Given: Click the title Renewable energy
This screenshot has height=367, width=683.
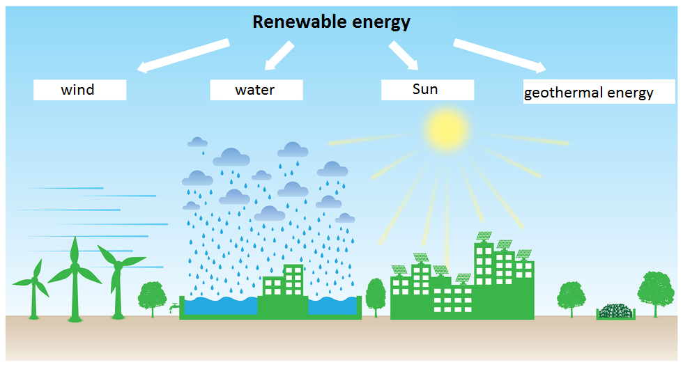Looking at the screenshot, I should (x=331, y=22).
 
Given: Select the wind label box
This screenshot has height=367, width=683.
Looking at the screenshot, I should (x=80, y=90).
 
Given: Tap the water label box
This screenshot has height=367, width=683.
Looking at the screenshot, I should (x=256, y=90).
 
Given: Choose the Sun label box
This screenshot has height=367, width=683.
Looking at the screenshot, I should (x=427, y=90).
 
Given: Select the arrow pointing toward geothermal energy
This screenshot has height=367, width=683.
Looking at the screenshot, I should (x=499, y=56).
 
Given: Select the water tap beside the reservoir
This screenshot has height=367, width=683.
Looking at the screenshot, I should (x=173, y=307).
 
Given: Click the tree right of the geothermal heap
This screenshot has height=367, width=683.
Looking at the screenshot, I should (x=655, y=292).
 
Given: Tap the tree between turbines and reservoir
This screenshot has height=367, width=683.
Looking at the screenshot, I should (x=153, y=296).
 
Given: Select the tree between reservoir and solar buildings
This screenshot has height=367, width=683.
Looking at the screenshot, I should (x=376, y=295).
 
